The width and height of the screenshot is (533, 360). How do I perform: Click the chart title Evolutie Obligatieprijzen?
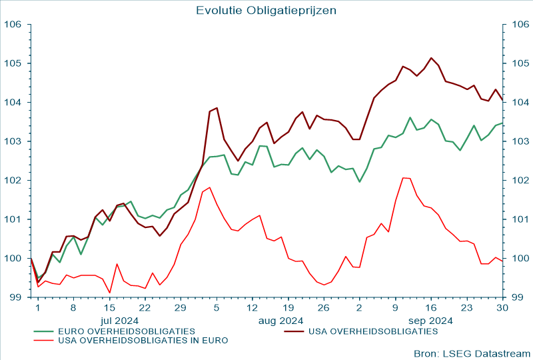(x=266, y=10)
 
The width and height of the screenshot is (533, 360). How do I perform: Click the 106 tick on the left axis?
(x=13, y=25)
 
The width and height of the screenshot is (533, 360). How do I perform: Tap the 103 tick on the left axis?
(x=13, y=141)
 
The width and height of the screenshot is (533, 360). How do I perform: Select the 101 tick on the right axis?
(x=520, y=219)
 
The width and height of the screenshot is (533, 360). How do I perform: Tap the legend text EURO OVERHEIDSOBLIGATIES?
(x=127, y=331)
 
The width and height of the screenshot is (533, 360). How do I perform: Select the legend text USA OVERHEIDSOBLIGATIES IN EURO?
(x=143, y=340)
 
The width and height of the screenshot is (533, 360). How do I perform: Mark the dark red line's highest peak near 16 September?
(x=431, y=58)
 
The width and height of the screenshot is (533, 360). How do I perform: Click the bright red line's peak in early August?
(x=209, y=187)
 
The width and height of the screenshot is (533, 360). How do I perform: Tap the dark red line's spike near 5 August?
(x=217, y=108)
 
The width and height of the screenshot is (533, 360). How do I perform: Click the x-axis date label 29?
(x=180, y=308)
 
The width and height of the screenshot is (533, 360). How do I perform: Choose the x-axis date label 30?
(x=502, y=308)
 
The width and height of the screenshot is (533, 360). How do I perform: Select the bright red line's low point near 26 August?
(x=324, y=285)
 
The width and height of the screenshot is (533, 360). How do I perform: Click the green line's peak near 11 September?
(x=410, y=118)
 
